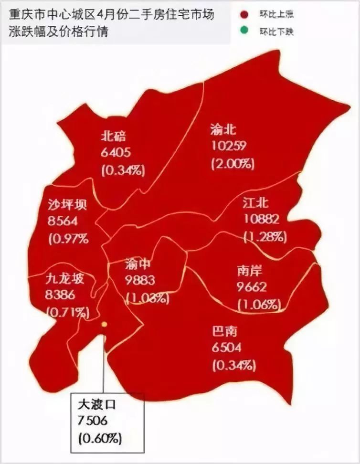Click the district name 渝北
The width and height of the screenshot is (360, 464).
(223, 129)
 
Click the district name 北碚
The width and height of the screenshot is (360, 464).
(114, 136)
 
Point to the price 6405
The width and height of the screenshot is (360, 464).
(116, 153)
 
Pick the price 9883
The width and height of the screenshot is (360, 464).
(140, 281)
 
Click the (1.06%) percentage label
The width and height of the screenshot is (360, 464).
(258, 304)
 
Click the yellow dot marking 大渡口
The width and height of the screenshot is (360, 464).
(104, 325)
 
